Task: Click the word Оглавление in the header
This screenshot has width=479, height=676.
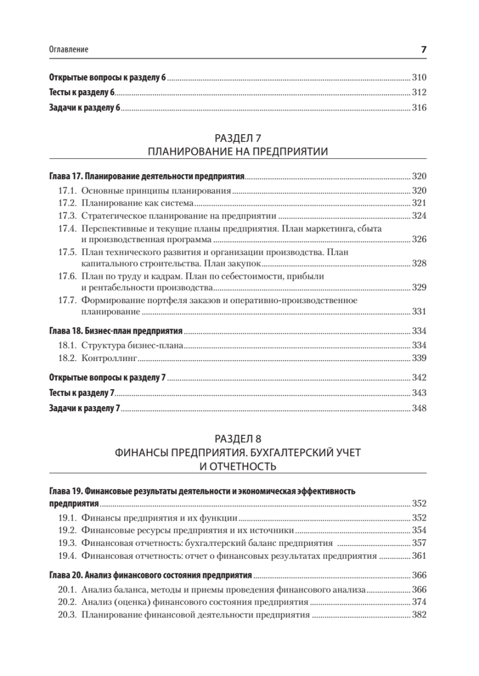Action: (69, 50)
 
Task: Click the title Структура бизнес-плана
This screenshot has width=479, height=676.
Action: (133, 345)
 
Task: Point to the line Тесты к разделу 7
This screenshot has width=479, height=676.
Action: (82, 393)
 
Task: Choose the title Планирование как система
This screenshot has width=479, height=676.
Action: (138, 203)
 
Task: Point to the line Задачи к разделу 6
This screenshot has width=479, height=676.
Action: (85, 109)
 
